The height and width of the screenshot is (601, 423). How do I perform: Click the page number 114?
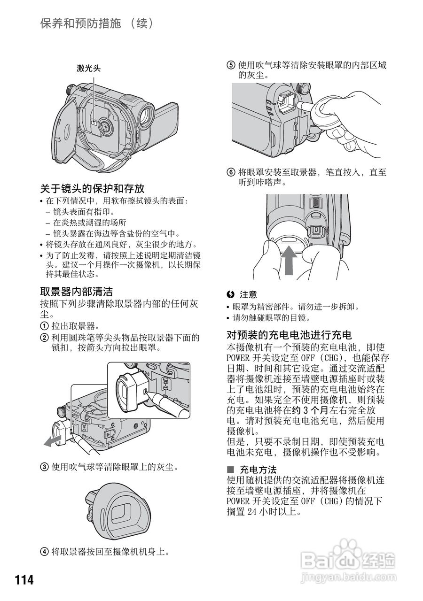24,580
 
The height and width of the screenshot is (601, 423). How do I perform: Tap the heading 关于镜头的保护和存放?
92,189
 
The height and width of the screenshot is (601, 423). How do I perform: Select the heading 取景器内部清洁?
76,292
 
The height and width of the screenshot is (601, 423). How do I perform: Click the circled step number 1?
44,326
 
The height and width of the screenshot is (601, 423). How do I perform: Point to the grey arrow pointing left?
50,440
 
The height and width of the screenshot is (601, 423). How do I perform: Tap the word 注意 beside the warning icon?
249,295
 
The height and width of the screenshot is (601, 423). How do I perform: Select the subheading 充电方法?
258,470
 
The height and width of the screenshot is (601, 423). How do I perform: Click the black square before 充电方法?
230,470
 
